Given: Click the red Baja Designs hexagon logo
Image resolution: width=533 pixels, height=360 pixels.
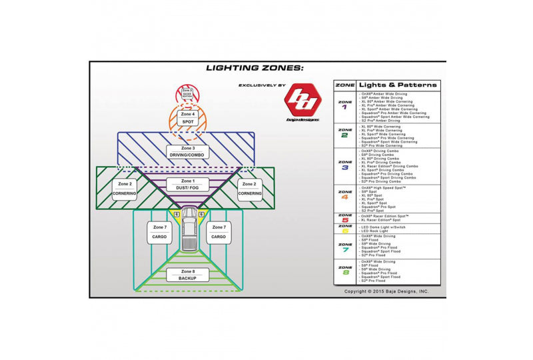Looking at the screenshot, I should [x=302, y=101].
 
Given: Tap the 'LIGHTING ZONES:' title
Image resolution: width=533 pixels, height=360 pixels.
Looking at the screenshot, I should [x=255, y=67].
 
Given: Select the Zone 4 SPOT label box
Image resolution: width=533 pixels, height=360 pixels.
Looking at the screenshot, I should [x=188, y=118].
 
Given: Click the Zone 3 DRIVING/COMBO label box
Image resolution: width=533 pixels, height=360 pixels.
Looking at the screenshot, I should [x=188, y=152].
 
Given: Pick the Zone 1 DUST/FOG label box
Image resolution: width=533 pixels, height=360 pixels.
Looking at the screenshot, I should [x=188, y=185].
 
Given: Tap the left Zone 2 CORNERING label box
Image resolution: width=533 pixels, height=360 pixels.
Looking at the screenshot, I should [x=125, y=189].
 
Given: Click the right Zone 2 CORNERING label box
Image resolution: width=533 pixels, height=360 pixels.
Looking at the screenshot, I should [x=250, y=189].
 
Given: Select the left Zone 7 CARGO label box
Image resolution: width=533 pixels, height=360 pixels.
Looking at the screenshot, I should [x=159, y=233].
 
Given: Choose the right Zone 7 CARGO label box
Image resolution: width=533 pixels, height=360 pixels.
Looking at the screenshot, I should [x=219, y=233].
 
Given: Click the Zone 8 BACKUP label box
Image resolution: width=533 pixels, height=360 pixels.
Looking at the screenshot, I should [x=188, y=274].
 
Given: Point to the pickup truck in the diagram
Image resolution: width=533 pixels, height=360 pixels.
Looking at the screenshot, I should [x=189, y=234].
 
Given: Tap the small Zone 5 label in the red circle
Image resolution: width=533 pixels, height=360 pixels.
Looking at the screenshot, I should [x=188, y=93].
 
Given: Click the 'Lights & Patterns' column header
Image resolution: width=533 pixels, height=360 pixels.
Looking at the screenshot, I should [x=398, y=85].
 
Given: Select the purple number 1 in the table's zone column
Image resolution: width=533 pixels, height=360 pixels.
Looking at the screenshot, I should [x=344, y=107].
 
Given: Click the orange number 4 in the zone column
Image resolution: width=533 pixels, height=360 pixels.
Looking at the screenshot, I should [x=344, y=197].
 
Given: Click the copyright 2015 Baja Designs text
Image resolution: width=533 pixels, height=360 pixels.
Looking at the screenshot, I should [x=386, y=291].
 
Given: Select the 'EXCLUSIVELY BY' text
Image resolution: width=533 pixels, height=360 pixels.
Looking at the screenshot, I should [x=262, y=86].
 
